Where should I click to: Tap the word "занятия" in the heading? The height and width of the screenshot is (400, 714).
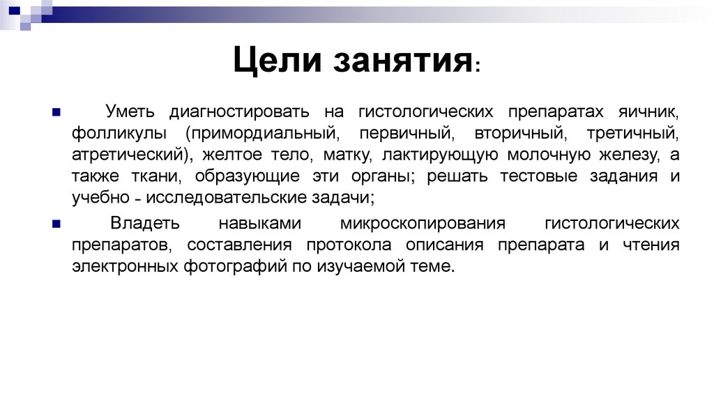pyautogui.click(x=403, y=61)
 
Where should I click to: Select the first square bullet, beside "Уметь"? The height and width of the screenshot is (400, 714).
pyautogui.click(x=56, y=112)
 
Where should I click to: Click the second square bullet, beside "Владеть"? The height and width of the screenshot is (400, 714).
pyautogui.click(x=56, y=225)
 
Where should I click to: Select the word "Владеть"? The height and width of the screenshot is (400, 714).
pyautogui.click(x=146, y=224)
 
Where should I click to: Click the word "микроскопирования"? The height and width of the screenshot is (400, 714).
pyautogui.click(x=423, y=224)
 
